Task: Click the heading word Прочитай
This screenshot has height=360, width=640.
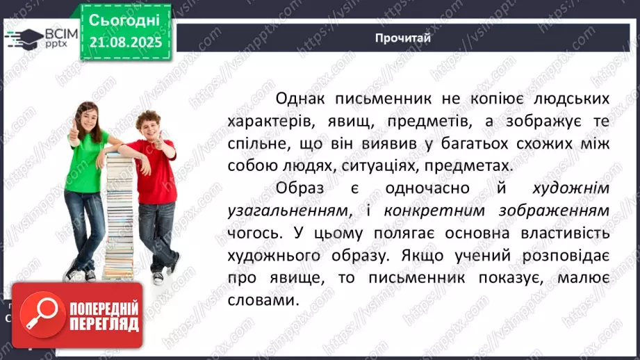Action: click(402, 38)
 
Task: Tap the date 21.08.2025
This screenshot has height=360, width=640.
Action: click(124, 42)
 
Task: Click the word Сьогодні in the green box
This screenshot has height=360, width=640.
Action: click(124, 19)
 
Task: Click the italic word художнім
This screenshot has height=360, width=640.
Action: click(572, 189)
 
